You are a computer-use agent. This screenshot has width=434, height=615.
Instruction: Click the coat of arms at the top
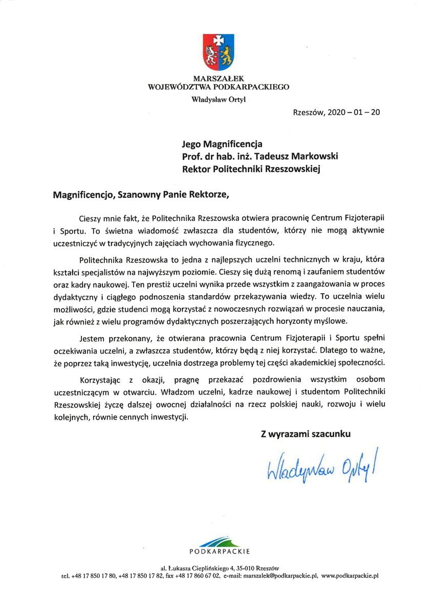219,52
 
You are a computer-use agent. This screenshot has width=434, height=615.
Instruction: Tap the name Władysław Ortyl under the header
219,99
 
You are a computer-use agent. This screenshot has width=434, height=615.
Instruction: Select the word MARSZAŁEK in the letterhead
219,79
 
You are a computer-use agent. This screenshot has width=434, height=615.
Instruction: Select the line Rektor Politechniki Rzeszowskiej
251,169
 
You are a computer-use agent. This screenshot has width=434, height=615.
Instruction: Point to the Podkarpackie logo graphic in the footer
219,541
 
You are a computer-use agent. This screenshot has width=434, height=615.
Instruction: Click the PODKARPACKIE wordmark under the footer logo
219,551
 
